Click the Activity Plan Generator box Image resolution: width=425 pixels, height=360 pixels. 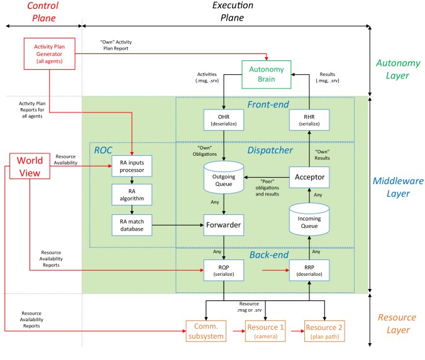[x=49, y=53]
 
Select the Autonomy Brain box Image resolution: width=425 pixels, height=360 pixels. [x=267, y=75]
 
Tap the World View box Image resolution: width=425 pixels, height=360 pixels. [x=30, y=166]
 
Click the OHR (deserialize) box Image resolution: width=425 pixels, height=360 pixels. [x=224, y=120]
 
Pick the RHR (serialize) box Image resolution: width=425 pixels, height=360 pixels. [x=309, y=120]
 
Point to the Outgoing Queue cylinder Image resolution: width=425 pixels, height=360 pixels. [x=224, y=177]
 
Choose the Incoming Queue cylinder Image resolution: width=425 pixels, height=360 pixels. [x=309, y=219]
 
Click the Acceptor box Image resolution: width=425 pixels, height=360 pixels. [x=309, y=177]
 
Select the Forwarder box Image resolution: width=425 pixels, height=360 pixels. [x=224, y=225]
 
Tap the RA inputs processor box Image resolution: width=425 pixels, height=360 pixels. [x=132, y=166]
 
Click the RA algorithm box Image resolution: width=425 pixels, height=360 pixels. [x=132, y=195]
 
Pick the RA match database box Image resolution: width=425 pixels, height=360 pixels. [x=132, y=225]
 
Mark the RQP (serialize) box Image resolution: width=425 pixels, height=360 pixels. [x=224, y=270]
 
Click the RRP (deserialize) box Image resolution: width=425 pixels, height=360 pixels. [x=309, y=270]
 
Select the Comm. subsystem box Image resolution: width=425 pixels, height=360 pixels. [x=206, y=331]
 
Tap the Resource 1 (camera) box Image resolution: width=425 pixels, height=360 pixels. [x=265, y=331]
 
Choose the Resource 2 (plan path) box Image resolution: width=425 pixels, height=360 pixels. [x=324, y=331]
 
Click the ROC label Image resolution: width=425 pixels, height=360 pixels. [x=103, y=150]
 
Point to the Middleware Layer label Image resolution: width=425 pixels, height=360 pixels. [x=398, y=187]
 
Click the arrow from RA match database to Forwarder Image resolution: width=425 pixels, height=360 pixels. [x=178, y=225]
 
